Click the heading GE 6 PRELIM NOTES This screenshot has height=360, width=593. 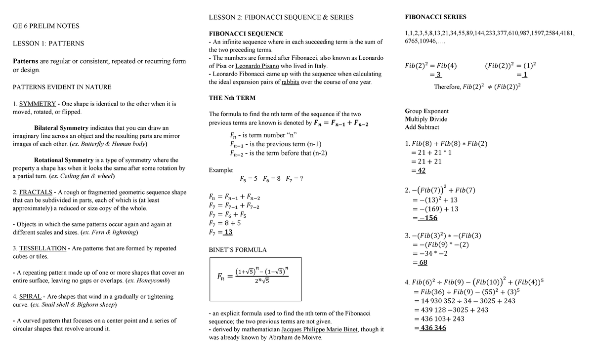coord(46,26)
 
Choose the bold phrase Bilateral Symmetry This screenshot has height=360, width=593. coord(62,128)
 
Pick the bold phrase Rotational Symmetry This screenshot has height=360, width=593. coord(64,160)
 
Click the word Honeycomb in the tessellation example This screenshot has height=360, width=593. coord(153,280)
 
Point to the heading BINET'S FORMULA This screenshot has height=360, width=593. coord(238,250)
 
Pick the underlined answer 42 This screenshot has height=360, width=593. coord(421,170)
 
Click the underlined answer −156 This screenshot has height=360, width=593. coord(424,218)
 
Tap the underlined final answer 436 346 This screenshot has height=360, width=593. coord(432,327)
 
